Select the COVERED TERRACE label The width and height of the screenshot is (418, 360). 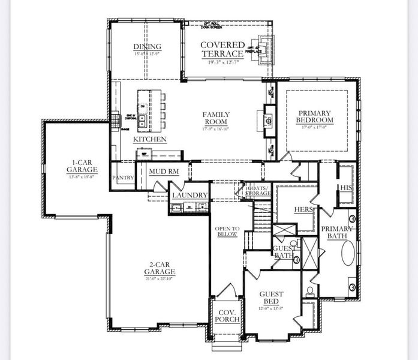222,50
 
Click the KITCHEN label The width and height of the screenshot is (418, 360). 149,139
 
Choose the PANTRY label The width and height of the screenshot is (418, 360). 123,178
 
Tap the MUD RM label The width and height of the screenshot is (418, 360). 163,172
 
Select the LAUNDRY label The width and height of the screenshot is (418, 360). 190,195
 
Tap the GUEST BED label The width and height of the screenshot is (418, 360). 272,298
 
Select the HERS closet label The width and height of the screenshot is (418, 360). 304,209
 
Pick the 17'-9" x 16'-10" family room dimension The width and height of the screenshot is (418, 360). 216,128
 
